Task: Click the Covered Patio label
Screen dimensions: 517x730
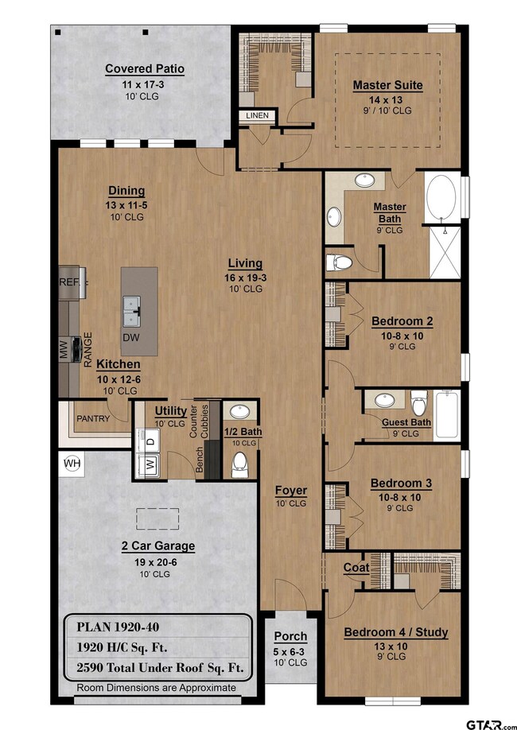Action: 145,69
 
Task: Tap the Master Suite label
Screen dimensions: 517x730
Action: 388,85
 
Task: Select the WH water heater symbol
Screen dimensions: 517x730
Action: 72,464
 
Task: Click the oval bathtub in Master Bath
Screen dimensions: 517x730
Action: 441,197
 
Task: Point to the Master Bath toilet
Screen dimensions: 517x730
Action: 339,262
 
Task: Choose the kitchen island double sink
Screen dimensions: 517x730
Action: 131,311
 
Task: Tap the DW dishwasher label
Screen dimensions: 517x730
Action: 131,338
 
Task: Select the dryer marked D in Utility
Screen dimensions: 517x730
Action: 149,441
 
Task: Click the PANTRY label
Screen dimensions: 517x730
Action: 93,418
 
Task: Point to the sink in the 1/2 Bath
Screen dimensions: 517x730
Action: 240,412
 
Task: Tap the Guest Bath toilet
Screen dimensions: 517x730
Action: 418,402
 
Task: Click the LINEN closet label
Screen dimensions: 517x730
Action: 257,115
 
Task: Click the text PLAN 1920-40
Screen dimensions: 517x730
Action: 118,627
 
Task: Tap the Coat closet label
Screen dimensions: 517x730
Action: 356,568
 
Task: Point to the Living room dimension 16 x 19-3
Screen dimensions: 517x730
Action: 246,278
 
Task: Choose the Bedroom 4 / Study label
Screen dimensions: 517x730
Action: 396,632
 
